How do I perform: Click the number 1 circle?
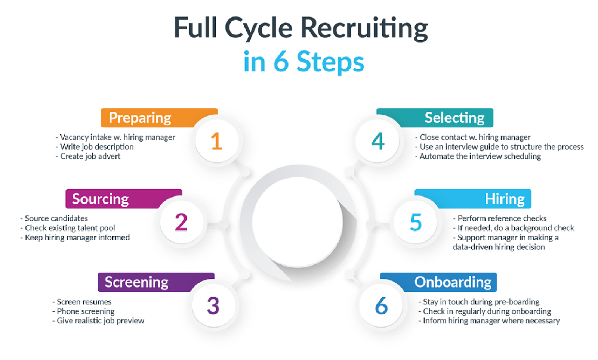(x=216, y=141)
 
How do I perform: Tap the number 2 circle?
(x=181, y=222)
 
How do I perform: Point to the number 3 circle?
(x=213, y=305)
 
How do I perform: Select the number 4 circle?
(x=378, y=141)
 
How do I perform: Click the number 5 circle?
(x=416, y=222)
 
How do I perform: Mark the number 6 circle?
(x=381, y=305)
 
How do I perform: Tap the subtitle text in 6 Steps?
(x=303, y=62)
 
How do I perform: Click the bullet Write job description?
(x=96, y=147)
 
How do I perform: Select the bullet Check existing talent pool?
(x=70, y=228)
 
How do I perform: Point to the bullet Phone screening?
(x=85, y=311)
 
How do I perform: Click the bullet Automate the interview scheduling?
(x=480, y=156)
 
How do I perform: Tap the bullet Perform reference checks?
(x=502, y=218)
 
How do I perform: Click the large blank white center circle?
(x=298, y=222)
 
